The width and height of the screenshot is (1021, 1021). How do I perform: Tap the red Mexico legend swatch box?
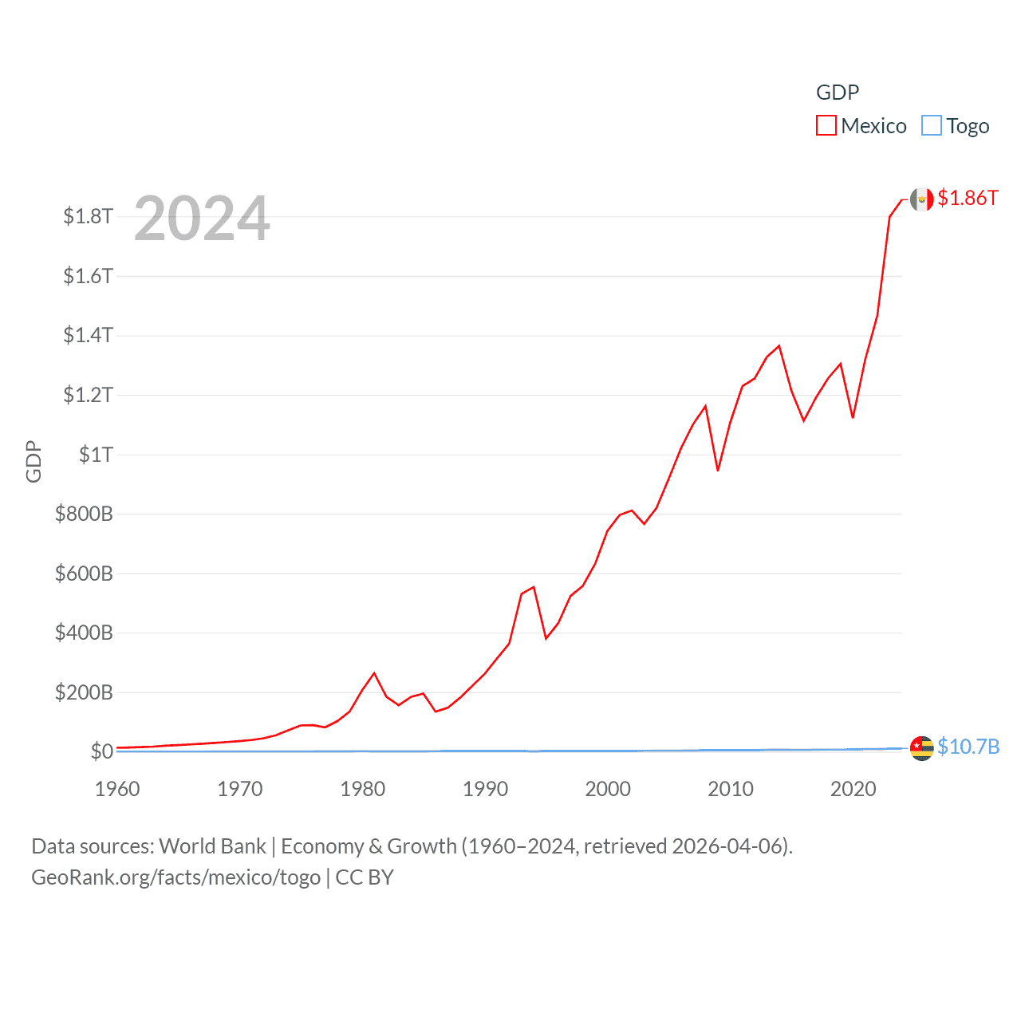click(x=826, y=126)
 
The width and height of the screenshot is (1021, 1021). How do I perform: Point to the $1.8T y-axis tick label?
click(x=88, y=216)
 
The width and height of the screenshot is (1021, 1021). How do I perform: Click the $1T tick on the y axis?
click(x=96, y=455)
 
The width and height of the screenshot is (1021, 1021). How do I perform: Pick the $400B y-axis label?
click(x=84, y=633)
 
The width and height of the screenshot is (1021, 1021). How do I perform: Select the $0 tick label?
click(x=101, y=751)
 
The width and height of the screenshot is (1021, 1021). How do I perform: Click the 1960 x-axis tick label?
click(x=117, y=789)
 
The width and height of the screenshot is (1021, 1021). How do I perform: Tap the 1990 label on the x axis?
click(x=485, y=789)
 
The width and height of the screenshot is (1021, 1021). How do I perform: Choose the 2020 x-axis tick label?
click(x=853, y=789)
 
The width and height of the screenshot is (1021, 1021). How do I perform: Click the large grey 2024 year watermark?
click(x=202, y=219)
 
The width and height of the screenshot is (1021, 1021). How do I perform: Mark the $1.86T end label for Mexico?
click(x=968, y=198)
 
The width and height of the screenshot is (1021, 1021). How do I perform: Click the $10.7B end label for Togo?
click(x=968, y=747)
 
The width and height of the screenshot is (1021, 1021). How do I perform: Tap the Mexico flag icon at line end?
click(x=922, y=199)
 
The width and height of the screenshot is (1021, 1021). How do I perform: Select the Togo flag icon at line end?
click(x=922, y=748)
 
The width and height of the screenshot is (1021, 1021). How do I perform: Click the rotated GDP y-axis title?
click(x=34, y=461)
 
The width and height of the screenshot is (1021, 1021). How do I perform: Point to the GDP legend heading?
click(x=838, y=93)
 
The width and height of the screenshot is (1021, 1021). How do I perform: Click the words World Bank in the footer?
click(x=212, y=846)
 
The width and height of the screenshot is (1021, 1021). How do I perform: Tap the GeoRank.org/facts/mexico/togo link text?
click(x=175, y=877)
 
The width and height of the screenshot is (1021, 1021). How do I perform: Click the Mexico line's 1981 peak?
click(x=374, y=673)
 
